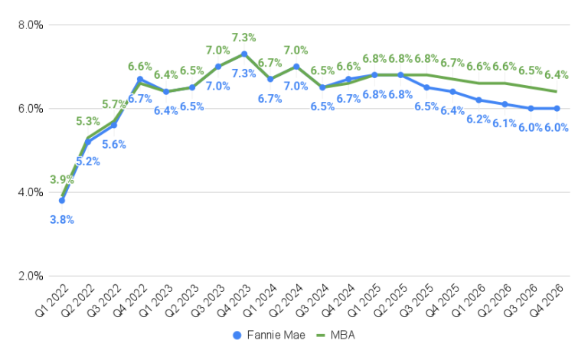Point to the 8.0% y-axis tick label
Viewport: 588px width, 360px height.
click(x=30, y=25)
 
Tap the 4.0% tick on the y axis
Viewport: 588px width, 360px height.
click(x=30, y=192)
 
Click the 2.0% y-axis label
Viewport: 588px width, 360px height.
click(x=30, y=277)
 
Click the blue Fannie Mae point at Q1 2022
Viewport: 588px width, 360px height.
click(x=62, y=201)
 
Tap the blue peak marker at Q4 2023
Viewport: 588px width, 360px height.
click(x=244, y=54)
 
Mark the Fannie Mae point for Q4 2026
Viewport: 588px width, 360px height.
click(x=557, y=108)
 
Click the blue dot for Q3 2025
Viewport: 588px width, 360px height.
click(x=426, y=87)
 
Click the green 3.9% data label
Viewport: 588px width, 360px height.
click(x=62, y=179)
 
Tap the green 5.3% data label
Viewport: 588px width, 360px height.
click(x=88, y=121)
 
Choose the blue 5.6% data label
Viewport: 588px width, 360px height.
click(x=114, y=143)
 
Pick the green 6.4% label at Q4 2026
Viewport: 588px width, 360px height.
click(x=557, y=75)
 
